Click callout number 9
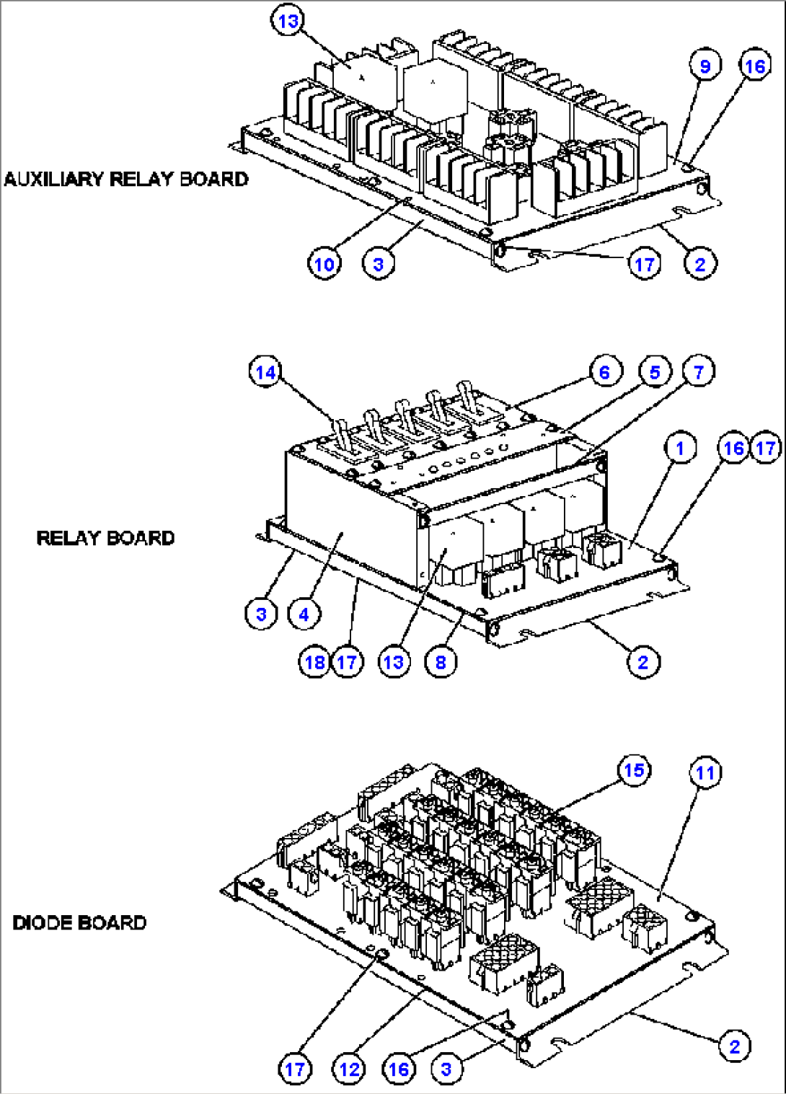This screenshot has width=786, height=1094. click(705, 66)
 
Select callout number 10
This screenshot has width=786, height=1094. click(324, 264)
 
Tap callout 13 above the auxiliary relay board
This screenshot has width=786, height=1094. click(288, 22)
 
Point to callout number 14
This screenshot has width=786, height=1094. click(265, 372)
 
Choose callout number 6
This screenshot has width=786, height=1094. click(604, 372)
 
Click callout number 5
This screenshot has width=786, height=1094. click(654, 372)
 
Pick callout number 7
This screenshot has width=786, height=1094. click(698, 372)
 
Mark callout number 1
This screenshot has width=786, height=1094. click(679, 448)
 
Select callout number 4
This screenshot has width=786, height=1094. click(304, 614)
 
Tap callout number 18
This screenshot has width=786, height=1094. click(315, 662)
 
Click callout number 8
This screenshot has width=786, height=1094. click(441, 662)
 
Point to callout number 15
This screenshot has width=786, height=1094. click(634, 770)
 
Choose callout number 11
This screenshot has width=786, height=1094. click(705, 773)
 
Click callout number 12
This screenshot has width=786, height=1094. click(349, 1069)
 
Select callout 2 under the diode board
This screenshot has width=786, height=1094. click(734, 1046)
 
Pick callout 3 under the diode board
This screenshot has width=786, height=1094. click(446, 1069)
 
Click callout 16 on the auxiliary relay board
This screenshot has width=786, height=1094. click(754, 66)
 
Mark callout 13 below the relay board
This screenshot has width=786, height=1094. click(394, 662)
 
